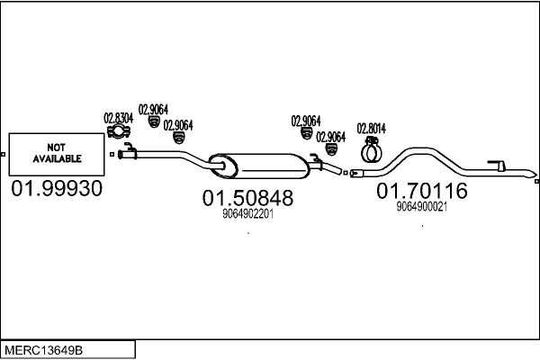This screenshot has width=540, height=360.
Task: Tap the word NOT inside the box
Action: [56, 147]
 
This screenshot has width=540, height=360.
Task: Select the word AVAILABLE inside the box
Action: [56, 158]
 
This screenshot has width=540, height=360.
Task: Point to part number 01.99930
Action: [56, 188]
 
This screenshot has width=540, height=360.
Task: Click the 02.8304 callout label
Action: [119, 117]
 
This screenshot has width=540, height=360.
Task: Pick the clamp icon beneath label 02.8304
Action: [119, 134]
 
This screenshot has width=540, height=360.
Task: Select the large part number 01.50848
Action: [247, 197]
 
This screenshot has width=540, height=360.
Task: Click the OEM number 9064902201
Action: [247, 214]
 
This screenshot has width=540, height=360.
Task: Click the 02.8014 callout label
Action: [372, 128]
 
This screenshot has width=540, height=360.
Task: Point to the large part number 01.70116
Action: [421, 191]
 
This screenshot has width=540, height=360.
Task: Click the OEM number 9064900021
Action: [421, 206]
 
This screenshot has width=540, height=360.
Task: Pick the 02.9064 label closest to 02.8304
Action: [151, 110]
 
